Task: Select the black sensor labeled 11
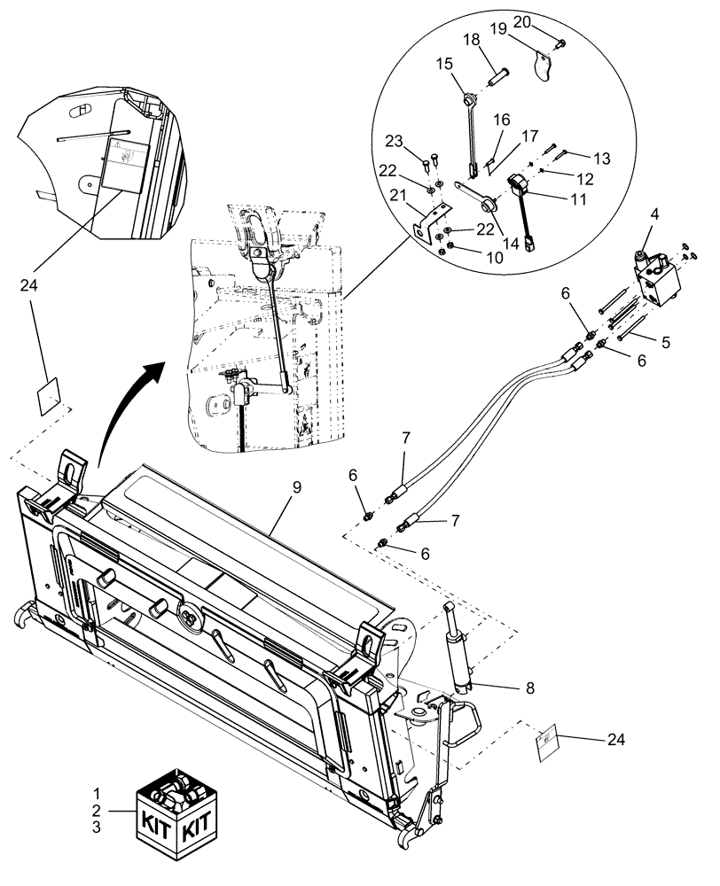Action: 518,186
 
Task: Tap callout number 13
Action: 603,159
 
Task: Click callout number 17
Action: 530,136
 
